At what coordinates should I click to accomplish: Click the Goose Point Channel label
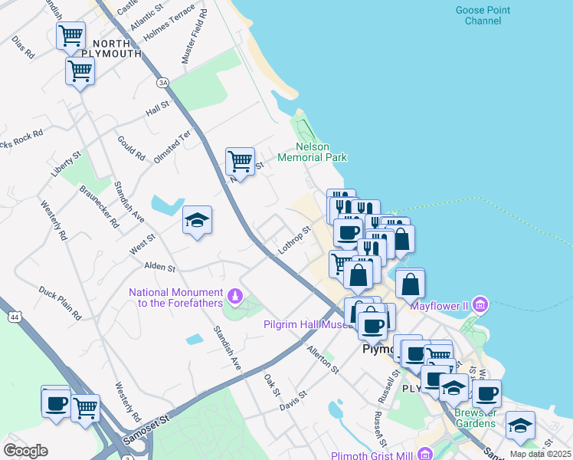tap(483, 15)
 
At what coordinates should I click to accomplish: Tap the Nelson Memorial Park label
tap(312, 152)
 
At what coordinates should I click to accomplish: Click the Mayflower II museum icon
tap(480, 305)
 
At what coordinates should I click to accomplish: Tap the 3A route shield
tap(162, 82)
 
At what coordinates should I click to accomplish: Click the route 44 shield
tap(13, 315)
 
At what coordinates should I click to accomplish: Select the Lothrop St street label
tap(293, 239)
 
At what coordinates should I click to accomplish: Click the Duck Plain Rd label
tap(60, 303)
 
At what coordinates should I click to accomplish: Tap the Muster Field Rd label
tap(194, 37)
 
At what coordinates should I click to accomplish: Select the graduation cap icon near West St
tap(197, 220)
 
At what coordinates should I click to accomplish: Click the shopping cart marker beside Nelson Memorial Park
tap(240, 161)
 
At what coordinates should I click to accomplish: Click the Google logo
tap(25, 451)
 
